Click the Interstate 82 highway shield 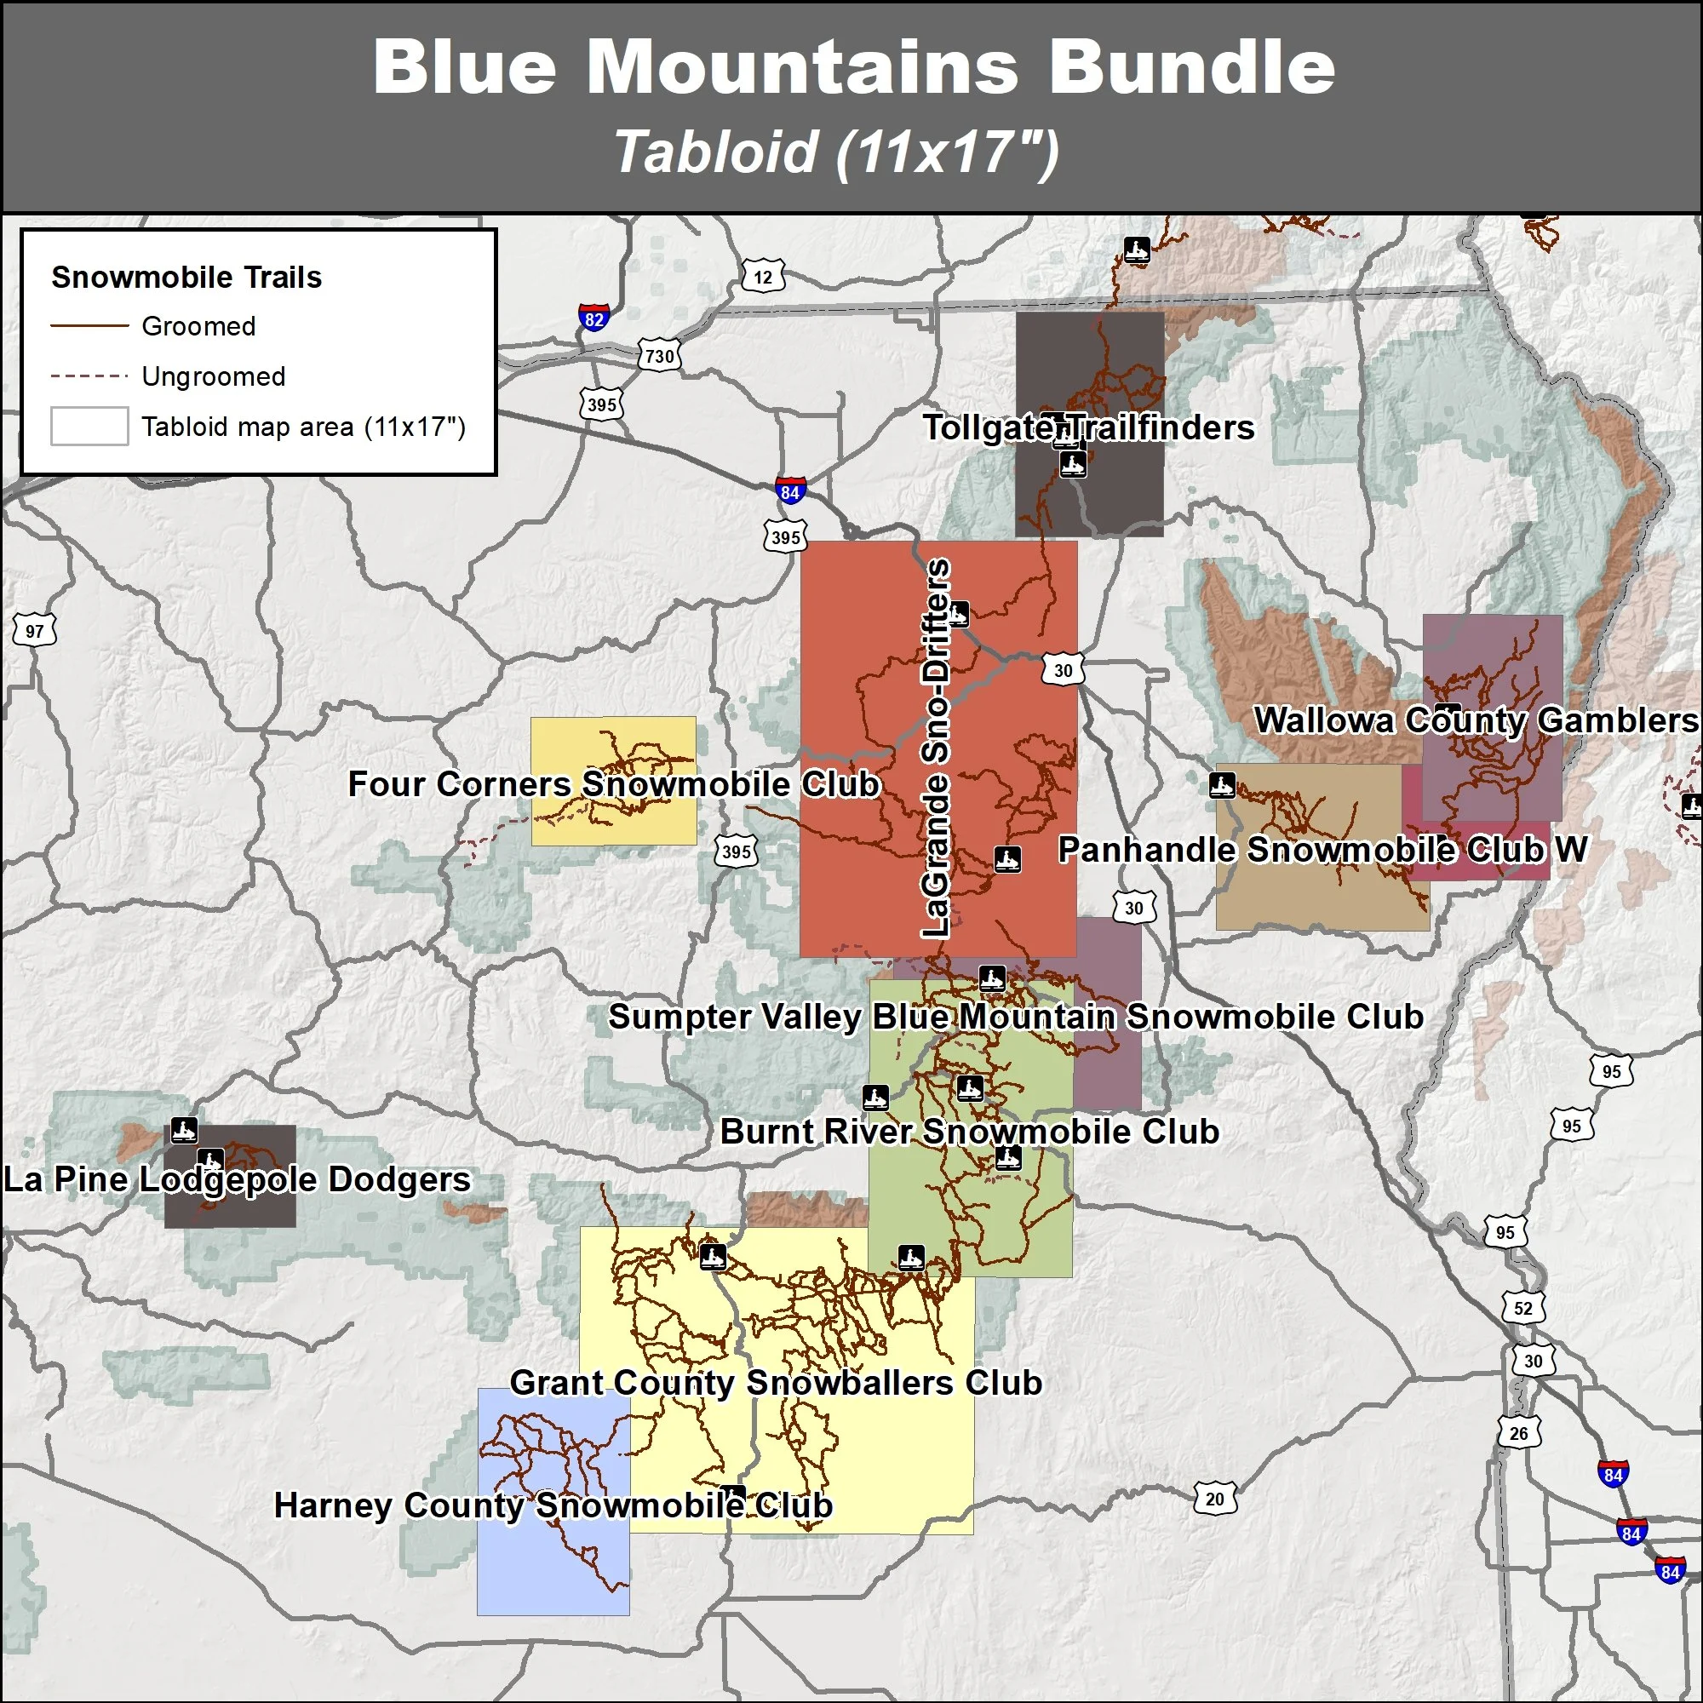(594, 318)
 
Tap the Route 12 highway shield (762, 277)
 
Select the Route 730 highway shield (659, 356)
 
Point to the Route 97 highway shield (34, 631)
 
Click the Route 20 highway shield (1215, 1499)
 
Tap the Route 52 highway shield (1523, 1308)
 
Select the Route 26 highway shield (1519, 1433)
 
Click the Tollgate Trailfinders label (1088, 427)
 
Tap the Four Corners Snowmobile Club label (615, 783)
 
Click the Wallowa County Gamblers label (1476, 720)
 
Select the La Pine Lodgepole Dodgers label (237, 1179)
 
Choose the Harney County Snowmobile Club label (553, 1505)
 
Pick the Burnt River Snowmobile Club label (970, 1131)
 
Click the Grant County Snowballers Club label (776, 1382)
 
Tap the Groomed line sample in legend (90, 326)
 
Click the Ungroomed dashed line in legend (90, 376)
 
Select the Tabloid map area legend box (90, 427)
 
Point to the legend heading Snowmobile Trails (186, 278)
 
